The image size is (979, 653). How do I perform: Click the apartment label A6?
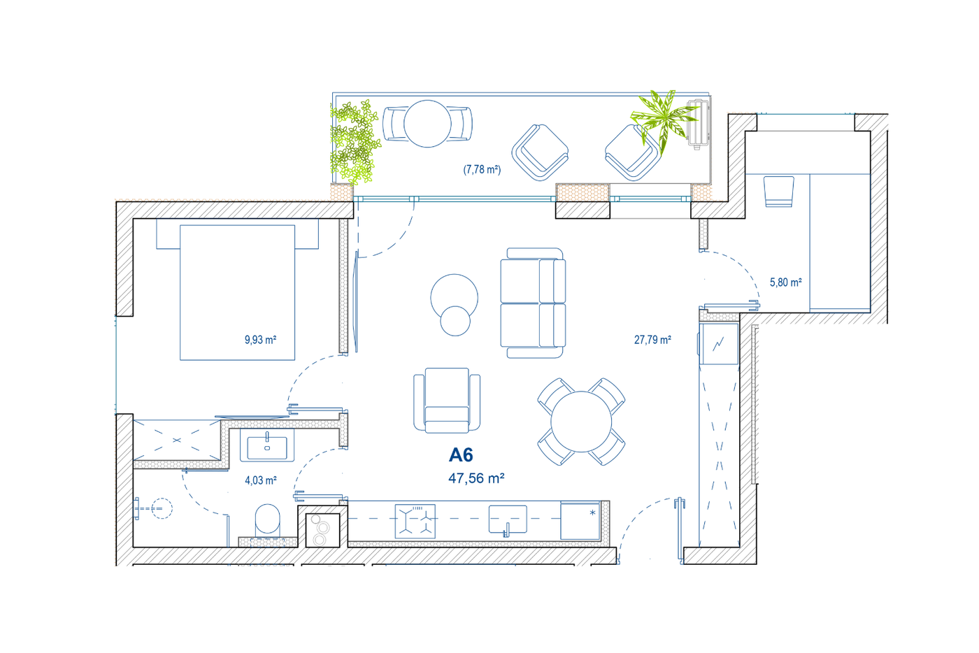click(461, 455)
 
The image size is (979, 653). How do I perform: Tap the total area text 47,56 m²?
click(476, 478)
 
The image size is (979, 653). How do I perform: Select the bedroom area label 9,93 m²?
click(260, 340)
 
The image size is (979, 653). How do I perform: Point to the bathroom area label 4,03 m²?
click(260, 480)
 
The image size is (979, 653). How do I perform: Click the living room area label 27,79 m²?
click(652, 340)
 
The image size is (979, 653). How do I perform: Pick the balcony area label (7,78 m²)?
click(482, 170)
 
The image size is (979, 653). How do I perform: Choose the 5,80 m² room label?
click(786, 282)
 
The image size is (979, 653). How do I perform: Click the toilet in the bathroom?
click(267, 520)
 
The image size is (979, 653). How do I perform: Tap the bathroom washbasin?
click(267, 446)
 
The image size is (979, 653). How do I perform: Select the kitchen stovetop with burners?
click(415, 521)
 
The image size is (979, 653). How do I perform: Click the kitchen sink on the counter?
click(508, 520)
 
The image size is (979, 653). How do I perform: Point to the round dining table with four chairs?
click(581, 422)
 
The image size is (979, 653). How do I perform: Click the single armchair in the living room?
click(447, 401)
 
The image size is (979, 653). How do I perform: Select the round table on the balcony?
click(427, 124)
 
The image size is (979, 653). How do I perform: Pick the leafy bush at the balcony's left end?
click(354, 142)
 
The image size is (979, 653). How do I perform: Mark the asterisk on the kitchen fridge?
click(593, 512)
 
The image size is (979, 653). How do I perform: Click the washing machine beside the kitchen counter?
click(322, 530)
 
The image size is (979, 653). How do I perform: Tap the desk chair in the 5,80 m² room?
click(779, 191)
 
